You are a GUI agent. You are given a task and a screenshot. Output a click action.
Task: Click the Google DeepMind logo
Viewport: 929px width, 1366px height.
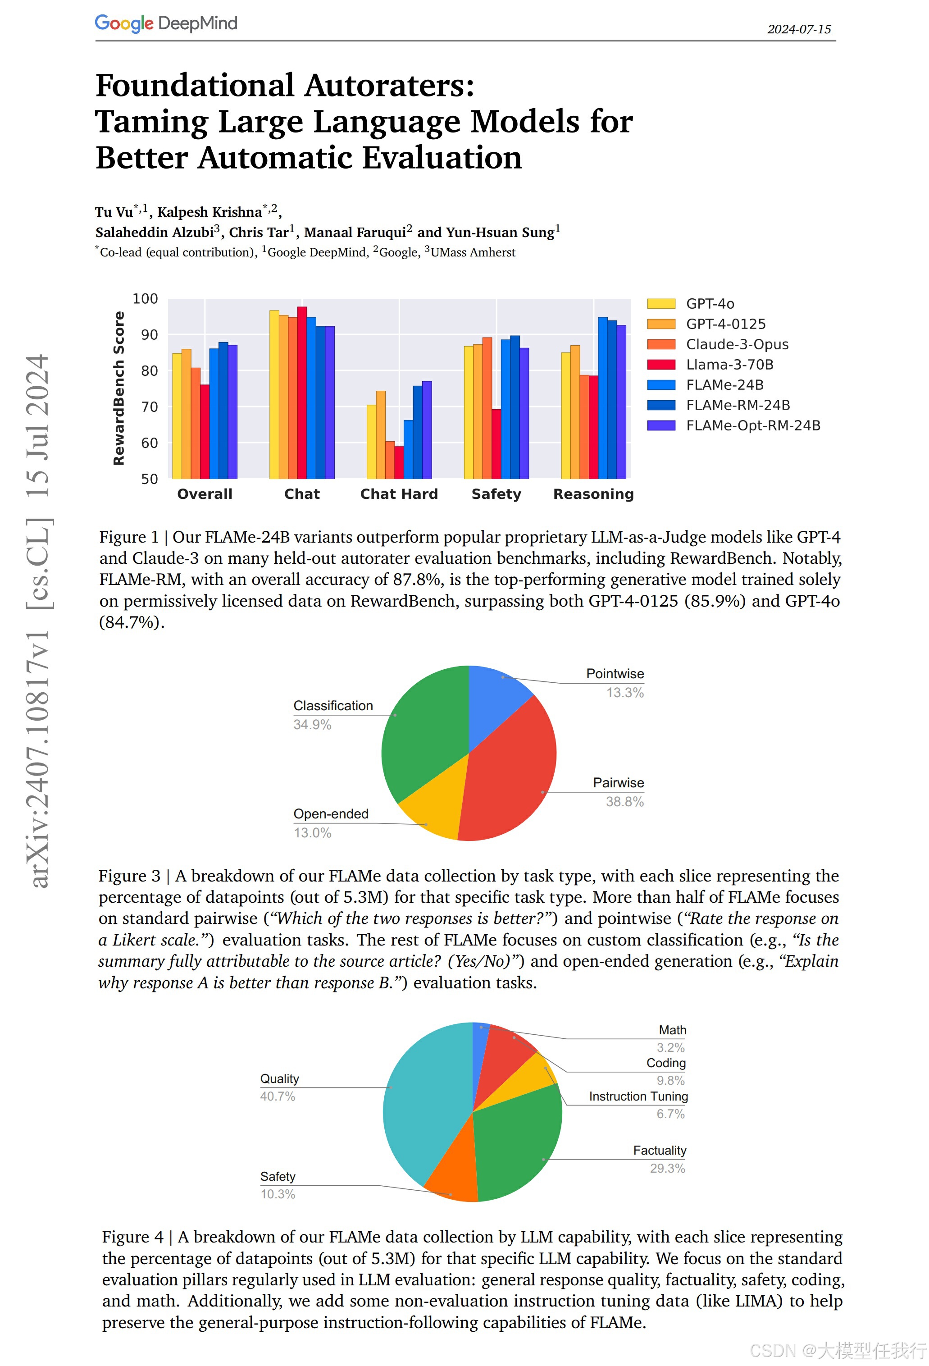pyautogui.click(x=166, y=23)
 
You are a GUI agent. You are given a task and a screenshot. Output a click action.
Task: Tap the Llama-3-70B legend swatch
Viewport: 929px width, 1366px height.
pyautogui.click(x=661, y=365)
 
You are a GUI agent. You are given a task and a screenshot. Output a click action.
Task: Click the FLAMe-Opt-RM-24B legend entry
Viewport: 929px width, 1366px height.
pyautogui.click(x=753, y=425)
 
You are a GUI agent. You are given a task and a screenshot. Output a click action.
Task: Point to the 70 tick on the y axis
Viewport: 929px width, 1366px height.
pyautogui.click(x=150, y=407)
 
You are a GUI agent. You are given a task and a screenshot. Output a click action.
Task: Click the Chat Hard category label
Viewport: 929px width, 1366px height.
pyautogui.click(x=399, y=494)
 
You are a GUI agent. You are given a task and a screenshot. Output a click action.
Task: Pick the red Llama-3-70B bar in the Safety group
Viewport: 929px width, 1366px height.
pyautogui.click(x=496, y=444)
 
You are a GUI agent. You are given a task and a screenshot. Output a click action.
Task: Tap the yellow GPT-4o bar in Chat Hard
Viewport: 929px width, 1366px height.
pyautogui.click(x=371, y=441)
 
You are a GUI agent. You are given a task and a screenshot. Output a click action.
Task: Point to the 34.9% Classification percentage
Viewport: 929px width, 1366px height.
pyautogui.click(x=312, y=725)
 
